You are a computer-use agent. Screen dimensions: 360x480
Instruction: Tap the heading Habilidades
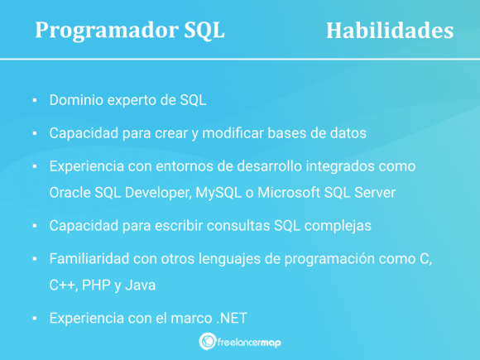389,30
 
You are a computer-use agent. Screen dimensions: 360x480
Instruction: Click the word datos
347,132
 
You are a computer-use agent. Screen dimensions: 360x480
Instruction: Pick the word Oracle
71,193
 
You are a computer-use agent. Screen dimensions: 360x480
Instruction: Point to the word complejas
346,225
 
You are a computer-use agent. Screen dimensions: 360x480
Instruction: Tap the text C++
63,285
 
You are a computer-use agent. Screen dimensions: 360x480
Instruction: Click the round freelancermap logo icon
209,342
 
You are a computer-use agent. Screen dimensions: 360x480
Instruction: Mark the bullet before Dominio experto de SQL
34,101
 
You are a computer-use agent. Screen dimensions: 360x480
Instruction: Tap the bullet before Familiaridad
34,258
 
